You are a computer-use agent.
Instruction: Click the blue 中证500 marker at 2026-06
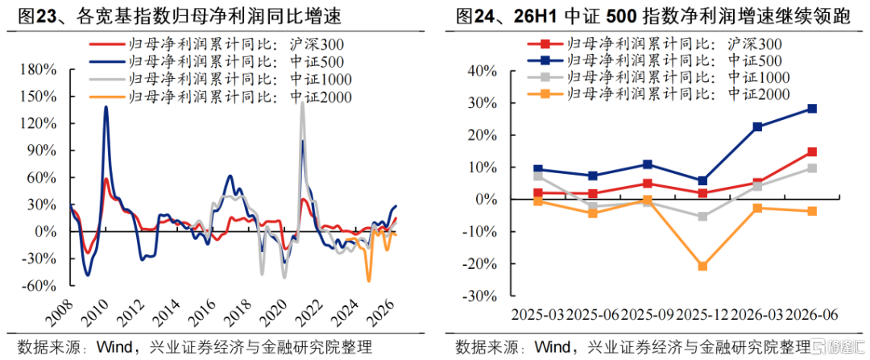pyautogui.click(x=811, y=109)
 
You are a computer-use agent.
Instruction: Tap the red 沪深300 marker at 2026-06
pyautogui.click(x=811, y=152)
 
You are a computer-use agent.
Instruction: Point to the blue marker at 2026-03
pyautogui.click(x=756, y=127)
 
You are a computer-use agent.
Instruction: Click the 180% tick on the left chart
pyautogui.click(x=39, y=70)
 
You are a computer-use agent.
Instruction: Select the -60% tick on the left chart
pyautogui.click(x=39, y=286)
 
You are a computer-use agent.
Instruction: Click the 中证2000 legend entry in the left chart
pyautogui.click(x=221, y=98)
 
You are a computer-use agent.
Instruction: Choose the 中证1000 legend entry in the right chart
pyautogui.click(x=658, y=77)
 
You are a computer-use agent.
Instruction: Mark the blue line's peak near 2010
pyautogui.click(x=106, y=107)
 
